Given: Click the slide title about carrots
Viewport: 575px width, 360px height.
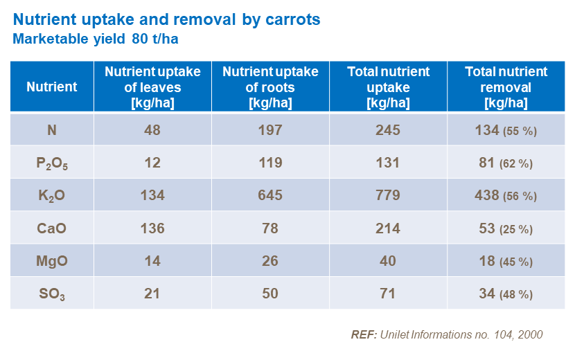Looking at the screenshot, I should tap(166, 19).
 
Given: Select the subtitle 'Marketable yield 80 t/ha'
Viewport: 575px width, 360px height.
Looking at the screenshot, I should tap(96, 39).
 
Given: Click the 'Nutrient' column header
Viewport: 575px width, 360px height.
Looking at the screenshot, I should tap(52, 87).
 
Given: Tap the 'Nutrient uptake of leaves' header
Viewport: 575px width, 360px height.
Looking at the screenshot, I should tap(152, 87).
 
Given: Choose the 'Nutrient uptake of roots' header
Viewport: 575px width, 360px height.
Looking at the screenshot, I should tap(270, 87).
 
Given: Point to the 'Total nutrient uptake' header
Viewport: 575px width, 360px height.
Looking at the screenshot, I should tap(388, 87).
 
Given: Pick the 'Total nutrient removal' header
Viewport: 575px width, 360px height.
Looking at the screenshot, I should tap(506, 87).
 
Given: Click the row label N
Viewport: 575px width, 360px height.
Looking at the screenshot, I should tap(52, 129).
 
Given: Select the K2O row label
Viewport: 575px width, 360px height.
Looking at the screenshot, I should tap(52, 196).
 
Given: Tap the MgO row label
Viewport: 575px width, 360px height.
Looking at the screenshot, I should tap(52, 261).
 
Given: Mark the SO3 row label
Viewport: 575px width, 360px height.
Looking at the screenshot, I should tap(52, 294).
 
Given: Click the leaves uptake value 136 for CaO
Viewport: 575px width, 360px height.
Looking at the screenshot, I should tap(152, 228).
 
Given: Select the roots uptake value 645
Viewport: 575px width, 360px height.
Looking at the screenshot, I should tap(270, 195).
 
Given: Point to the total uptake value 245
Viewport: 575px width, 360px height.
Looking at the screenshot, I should tap(388, 129).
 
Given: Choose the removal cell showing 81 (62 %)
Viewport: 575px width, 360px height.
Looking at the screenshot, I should tap(505, 163).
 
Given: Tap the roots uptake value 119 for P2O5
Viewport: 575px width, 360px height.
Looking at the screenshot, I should tap(270, 163).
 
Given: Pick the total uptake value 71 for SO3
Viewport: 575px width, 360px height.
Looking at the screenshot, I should tap(388, 294).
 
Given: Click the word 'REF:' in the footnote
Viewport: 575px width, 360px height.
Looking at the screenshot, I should tap(363, 334).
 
